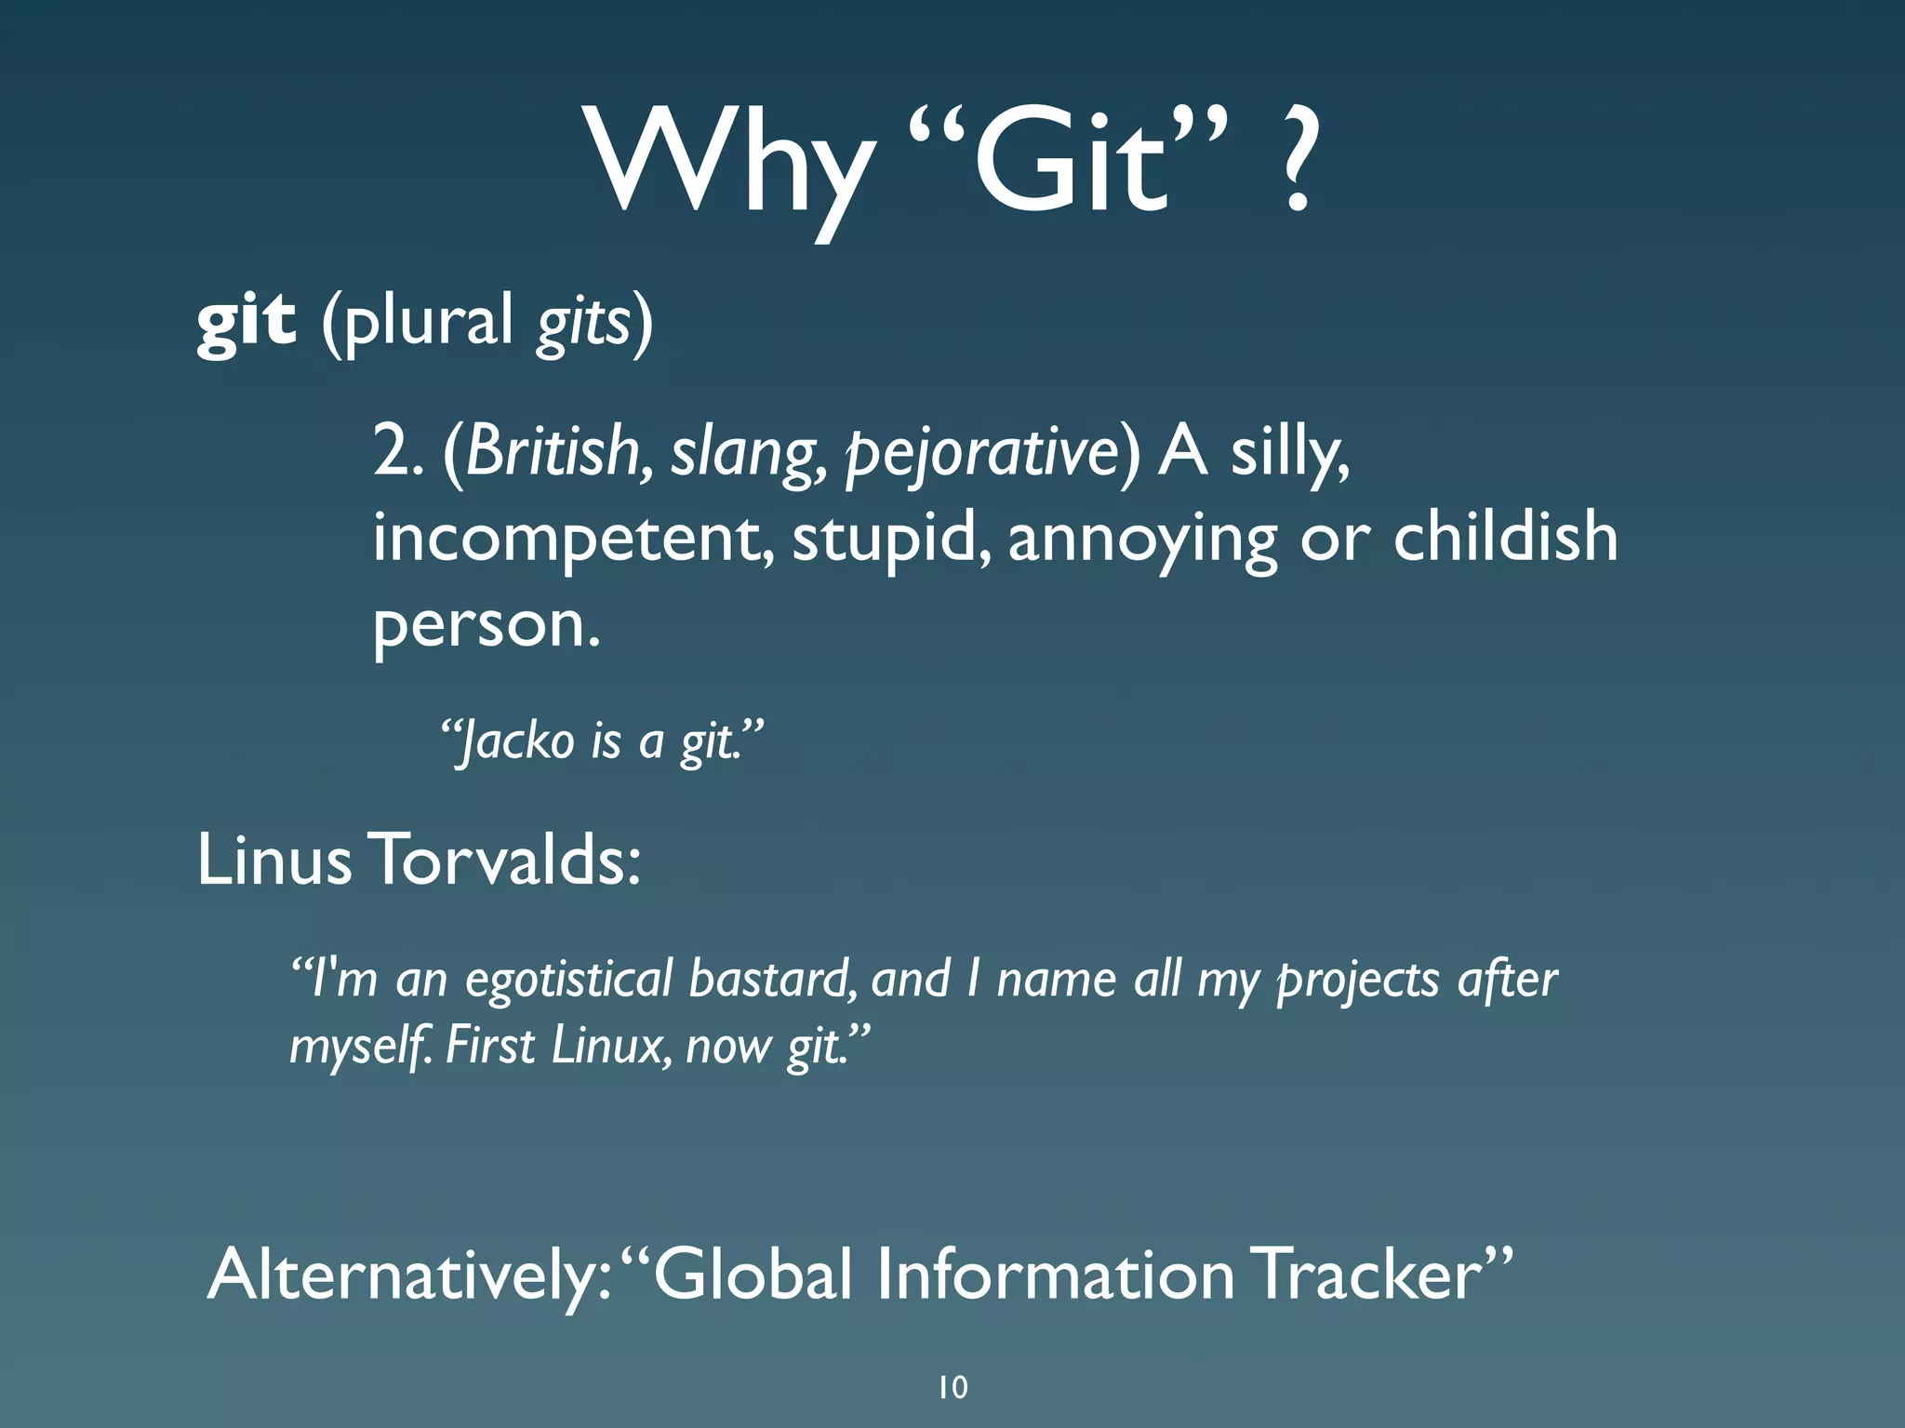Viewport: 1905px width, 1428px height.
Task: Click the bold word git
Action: (x=246, y=321)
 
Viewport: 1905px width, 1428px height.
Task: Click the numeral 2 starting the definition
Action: (x=389, y=451)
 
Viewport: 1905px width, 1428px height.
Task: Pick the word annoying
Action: (x=1142, y=541)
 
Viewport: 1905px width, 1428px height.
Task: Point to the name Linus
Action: (x=274, y=860)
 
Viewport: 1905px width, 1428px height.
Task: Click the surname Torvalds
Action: (x=506, y=860)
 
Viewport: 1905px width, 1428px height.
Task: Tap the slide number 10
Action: (x=952, y=1387)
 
